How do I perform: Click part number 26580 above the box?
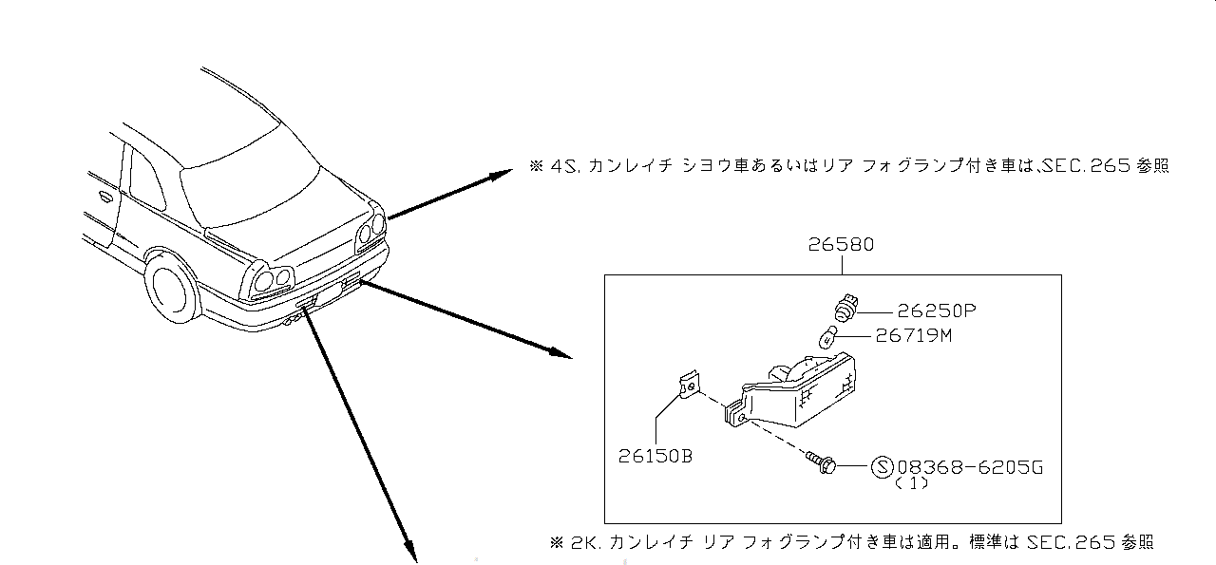pos(842,245)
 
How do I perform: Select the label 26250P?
pos(937,310)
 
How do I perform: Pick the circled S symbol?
pos(883,467)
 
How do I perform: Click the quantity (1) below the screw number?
pos(911,483)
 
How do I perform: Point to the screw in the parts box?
pos(820,463)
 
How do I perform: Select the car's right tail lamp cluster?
pos(370,228)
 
